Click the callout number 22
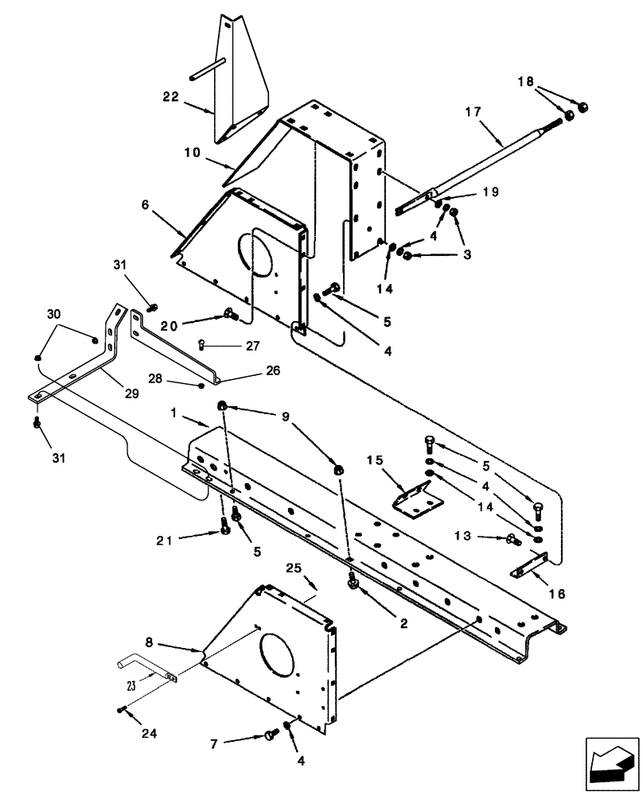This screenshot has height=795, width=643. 170,96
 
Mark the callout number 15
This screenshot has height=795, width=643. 376,460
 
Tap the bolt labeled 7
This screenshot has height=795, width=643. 267,735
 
